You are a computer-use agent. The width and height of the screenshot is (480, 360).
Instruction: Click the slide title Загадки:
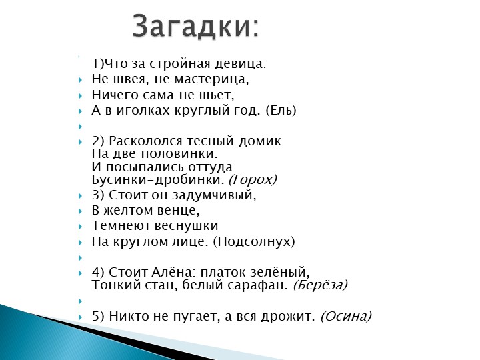pos(195,26)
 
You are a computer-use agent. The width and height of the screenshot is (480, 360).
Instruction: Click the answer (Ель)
pos(281,111)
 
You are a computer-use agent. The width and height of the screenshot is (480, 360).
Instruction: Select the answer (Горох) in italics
pos(252,179)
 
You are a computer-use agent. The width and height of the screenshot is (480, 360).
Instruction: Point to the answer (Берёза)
pos(320,285)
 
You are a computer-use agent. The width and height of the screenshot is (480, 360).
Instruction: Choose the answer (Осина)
pos(345,316)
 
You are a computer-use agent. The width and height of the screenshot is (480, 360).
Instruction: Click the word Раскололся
pos(149,141)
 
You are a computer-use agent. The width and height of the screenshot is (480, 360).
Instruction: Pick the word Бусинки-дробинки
pos(157,179)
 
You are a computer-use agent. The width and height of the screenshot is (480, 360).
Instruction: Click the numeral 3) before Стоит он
pos(98,195)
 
